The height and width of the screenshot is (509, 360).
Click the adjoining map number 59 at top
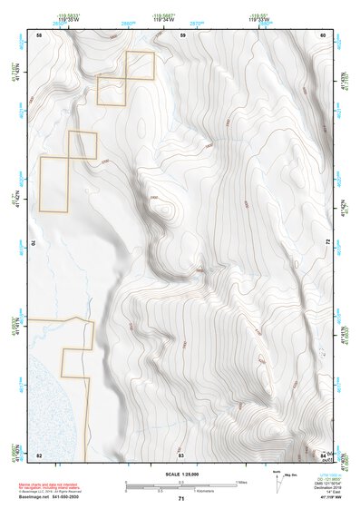pos(182,34)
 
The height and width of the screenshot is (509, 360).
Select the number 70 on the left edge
pos(36,243)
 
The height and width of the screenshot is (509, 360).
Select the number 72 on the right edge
pos(326,243)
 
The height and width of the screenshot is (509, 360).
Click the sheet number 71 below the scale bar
pos(181,498)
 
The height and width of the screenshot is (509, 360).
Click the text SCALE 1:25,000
pos(181,475)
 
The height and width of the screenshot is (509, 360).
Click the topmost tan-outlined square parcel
pos(141,65)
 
